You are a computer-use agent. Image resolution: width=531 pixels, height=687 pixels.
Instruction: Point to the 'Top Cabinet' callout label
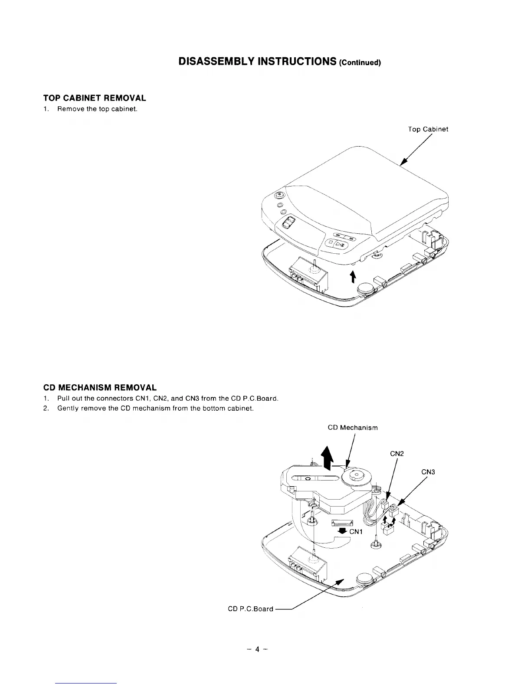click(428, 129)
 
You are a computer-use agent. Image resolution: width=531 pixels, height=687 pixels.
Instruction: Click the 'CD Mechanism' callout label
click(352, 428)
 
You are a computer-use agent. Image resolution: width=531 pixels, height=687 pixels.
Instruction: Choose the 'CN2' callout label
click(397, 454)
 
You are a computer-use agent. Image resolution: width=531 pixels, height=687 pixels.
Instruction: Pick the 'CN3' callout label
click(428, 472)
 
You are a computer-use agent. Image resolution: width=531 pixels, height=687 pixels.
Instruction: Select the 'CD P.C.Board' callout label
click(250, 608)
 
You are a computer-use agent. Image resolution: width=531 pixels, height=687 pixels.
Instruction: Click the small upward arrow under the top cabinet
click(353, 275)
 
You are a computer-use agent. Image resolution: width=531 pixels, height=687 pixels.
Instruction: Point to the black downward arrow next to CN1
click(342, 531)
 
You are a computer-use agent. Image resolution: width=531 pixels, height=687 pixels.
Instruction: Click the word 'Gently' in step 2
click(67, 409)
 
